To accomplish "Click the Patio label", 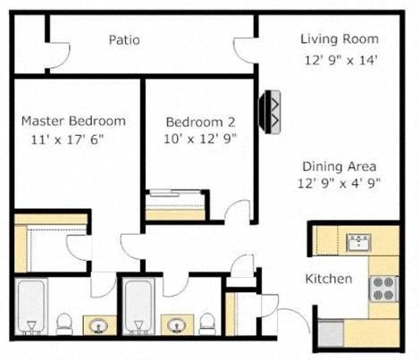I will point(124,40).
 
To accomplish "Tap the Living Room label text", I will point(339,39).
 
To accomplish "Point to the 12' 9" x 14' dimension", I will point(339,62).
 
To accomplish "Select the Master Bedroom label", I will point(73,121).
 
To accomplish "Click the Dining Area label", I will point(339,166).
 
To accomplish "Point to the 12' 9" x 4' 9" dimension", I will point(339,185).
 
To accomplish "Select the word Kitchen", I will point(329,280).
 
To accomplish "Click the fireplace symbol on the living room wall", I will point(269,111).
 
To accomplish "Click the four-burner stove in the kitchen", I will point(383,288).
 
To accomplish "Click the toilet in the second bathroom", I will point(207,321).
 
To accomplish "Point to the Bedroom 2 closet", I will point(177,205).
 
